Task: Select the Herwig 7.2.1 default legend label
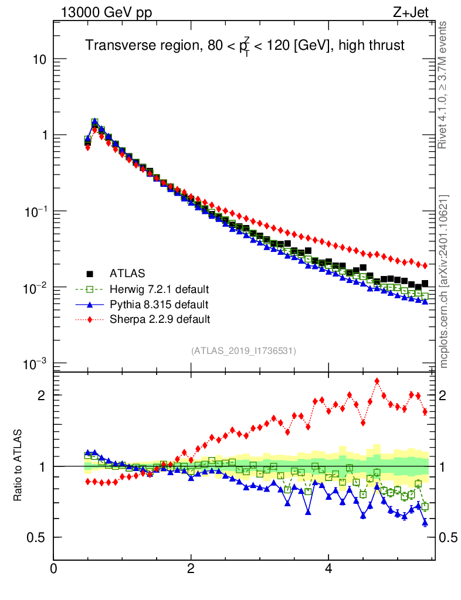click(x=159, y=289)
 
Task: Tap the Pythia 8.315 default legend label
click(x=158, y=304)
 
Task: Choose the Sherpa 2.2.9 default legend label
click(x=160, y=319)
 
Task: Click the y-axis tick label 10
click(x=38, y=60)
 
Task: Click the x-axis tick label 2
click(x=191, y=569)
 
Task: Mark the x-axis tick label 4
click(x=328, y=569)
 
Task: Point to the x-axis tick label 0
click(x=53, y=569)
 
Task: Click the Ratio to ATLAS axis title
click(x=18, y=466)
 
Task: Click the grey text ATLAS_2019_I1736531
click(x=243, y=351)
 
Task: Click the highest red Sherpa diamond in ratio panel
click(x=377, y=381)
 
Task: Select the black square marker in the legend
click(x=90, y=273)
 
